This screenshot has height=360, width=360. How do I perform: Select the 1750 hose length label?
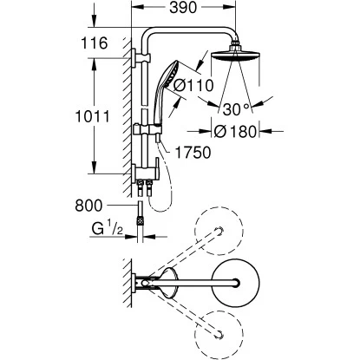tap(193, 152)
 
